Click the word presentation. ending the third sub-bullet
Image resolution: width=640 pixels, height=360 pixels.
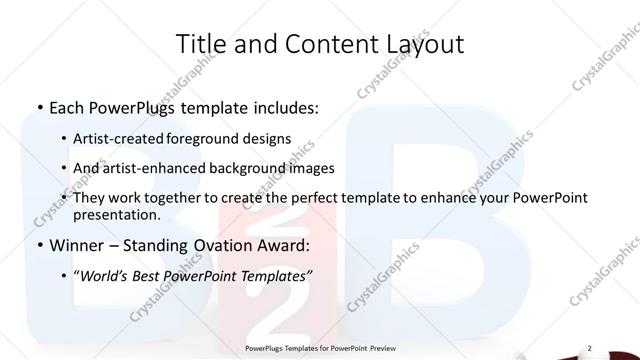(x=116, y=214)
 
